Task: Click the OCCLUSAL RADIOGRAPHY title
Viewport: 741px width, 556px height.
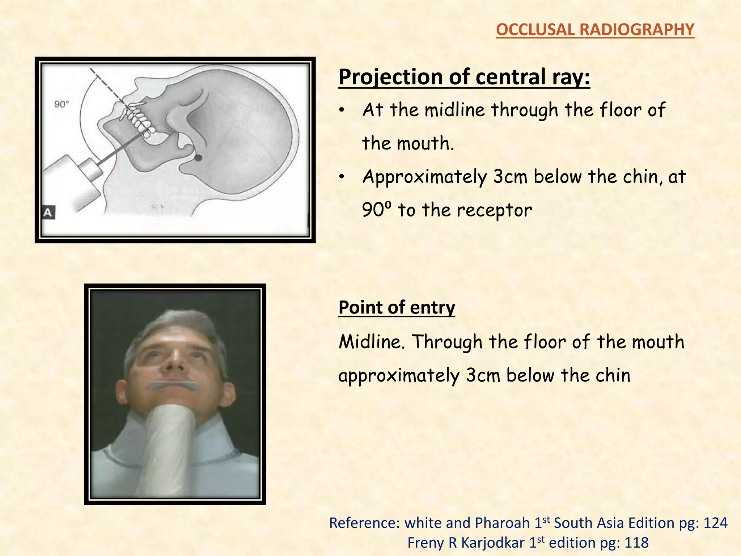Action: (595, 30)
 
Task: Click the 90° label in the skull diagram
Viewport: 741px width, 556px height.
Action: (62, 104)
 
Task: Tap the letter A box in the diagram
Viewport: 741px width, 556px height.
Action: (48, 212)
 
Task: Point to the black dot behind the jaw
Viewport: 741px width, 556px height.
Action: (198, 158)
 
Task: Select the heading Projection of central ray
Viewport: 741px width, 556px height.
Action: (464, 77)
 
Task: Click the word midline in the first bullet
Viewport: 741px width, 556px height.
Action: (454, 110)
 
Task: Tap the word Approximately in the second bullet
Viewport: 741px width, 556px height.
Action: (425, 177)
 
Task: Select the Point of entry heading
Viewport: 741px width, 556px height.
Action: (397, 308)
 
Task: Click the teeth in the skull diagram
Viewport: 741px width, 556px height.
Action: (137, 119)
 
